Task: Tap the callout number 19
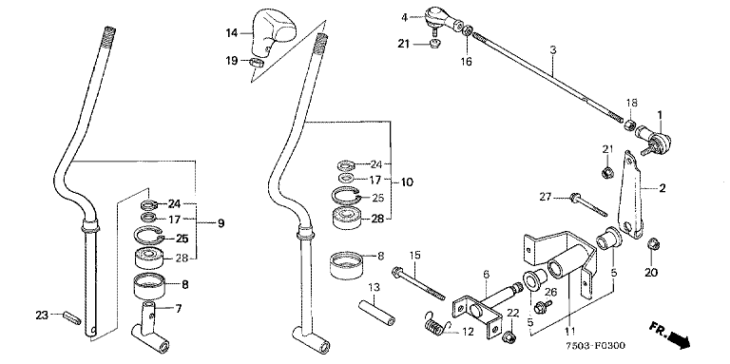(x=232, y=61)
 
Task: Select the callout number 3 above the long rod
(x=552, y=50)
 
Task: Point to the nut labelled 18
(x=629, y=125)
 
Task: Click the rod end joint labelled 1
(x=653, y=138)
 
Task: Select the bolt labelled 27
(x=587, y=205)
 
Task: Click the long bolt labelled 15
(x=422, y=283)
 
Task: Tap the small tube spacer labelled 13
(x=376, y=314)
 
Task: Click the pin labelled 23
(x=72, y=318)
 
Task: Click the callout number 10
(x=407, y=182)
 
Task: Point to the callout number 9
(x=221, y=224)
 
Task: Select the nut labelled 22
(x=509, y=336)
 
